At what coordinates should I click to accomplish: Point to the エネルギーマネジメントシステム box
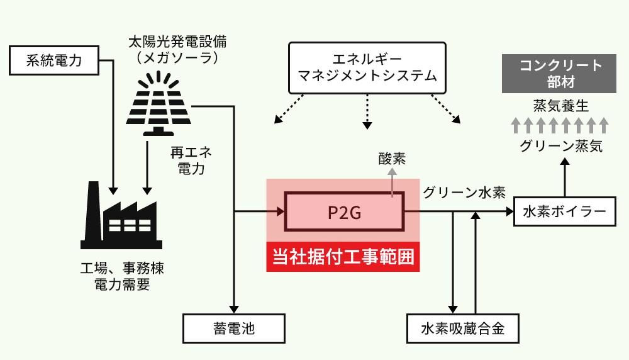tap(367, 67)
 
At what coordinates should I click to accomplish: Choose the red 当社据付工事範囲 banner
tap(343, 257)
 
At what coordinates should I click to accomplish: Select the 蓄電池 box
tap(234, 328)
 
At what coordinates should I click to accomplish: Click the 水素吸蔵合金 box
tap(463, 328)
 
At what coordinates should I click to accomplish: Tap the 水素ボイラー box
tap(564, 212)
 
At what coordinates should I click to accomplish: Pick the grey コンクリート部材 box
tap(559, 74)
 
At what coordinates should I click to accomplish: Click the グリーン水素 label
tap(464, 193)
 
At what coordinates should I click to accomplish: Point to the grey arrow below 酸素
tap(392, 183)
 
